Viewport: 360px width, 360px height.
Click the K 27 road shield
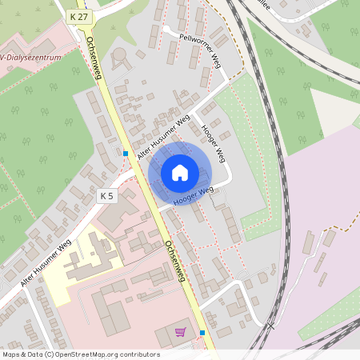(x=78, y=15)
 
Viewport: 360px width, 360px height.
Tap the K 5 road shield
(x=107, y=195)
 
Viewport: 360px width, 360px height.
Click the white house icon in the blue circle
(x=180, y=173)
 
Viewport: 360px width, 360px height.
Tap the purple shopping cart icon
(x=181, y=331)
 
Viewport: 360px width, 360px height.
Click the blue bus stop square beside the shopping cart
(x=202, y=332)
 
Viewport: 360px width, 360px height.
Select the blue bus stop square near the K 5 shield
(x=126, y=153)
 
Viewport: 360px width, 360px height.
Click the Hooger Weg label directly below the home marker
(x=193, y=193)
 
